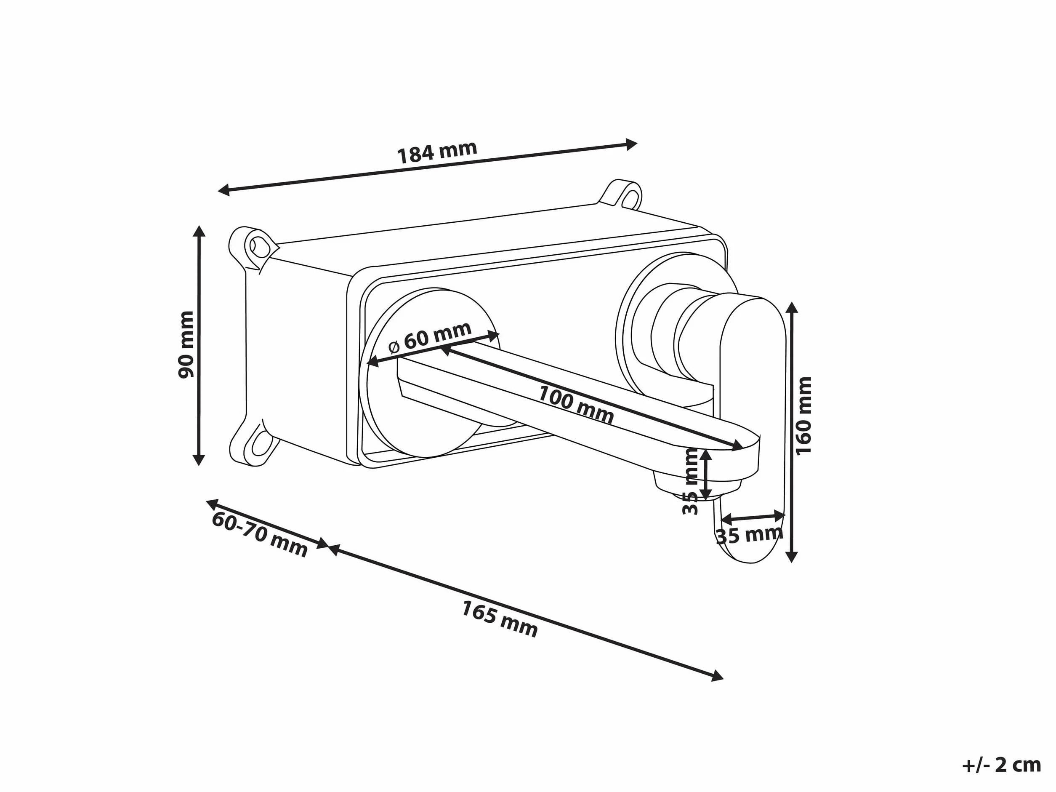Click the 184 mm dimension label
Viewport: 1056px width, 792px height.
click(437, 152)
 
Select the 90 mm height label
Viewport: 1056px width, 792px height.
click(186, 344)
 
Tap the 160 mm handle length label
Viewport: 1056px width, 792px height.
click(804, 416)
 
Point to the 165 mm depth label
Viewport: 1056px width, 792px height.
click(499, 619)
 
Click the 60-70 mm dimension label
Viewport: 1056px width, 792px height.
click(260, 534)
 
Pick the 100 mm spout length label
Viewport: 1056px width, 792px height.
click(576, 404)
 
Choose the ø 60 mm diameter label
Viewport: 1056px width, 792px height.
click(430, 337)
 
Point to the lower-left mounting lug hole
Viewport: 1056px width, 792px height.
click(259, 445)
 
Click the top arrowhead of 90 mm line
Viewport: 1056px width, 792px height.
click(199, 231)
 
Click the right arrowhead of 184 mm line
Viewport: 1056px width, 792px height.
click(632, 144)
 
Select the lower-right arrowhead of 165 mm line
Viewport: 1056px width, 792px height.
click(717, 676)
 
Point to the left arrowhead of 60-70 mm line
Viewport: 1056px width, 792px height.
click(213, 504)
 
